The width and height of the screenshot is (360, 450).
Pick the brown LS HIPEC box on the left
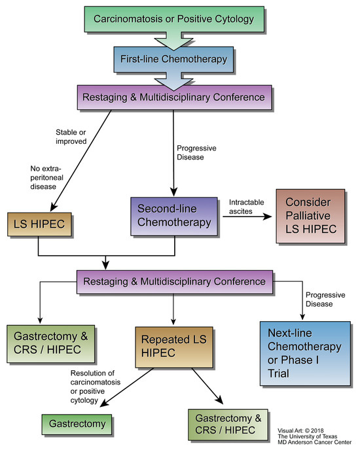38,224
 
